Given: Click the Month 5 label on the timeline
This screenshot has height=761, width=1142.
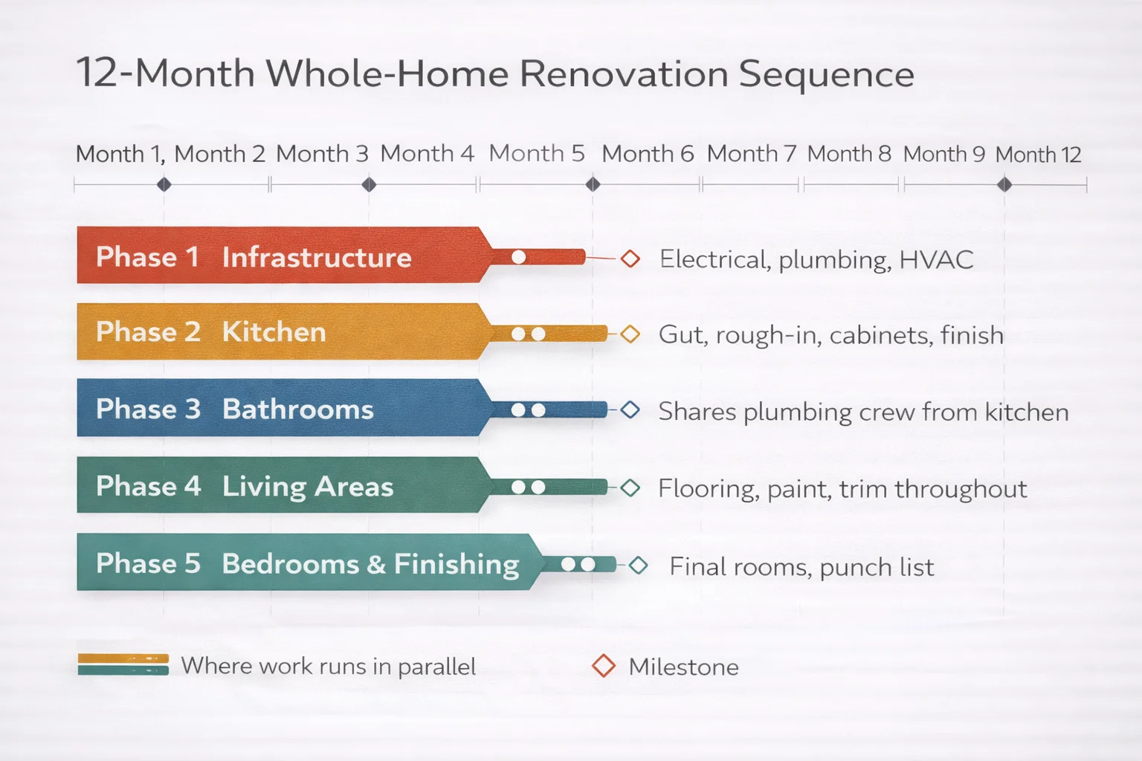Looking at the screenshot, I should tap(537, 154).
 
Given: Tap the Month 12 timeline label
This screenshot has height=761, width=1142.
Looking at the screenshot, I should tap(1038, 155).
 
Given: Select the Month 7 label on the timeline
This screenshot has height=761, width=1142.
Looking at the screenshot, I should tap(751, 154).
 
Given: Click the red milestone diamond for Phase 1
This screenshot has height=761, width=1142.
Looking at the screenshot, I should tap(630, 259).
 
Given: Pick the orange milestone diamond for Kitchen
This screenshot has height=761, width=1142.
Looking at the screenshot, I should tap(630, 334).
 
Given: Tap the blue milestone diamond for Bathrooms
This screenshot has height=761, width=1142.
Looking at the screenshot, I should tap(630, 410).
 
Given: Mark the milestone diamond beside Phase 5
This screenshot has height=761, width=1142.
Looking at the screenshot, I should tap(638, 566).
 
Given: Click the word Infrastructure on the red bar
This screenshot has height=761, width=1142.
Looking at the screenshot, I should tap(317, 258).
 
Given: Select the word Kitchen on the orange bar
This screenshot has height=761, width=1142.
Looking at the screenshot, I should tap(274, 332).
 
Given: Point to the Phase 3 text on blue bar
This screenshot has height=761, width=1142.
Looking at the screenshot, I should tap(148, 409).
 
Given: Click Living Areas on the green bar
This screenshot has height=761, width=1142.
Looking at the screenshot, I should tap(308, 487).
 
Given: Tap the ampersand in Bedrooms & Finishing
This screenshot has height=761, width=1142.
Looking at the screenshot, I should tap(376, 564).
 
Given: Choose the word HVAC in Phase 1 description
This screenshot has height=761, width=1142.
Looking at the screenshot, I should tap(936, 259).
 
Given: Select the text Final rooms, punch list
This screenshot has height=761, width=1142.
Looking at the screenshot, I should tap(801, 567).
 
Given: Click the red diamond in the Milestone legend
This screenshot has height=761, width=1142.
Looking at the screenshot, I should tap(604, 666).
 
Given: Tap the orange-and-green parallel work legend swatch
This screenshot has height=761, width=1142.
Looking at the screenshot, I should tap(123, 664).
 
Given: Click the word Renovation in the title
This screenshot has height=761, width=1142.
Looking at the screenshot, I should tap(623, 74).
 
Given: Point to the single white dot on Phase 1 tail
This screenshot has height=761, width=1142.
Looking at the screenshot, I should tap(519, 257).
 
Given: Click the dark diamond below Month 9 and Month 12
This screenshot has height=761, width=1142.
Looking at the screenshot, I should tap(1004, 184).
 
